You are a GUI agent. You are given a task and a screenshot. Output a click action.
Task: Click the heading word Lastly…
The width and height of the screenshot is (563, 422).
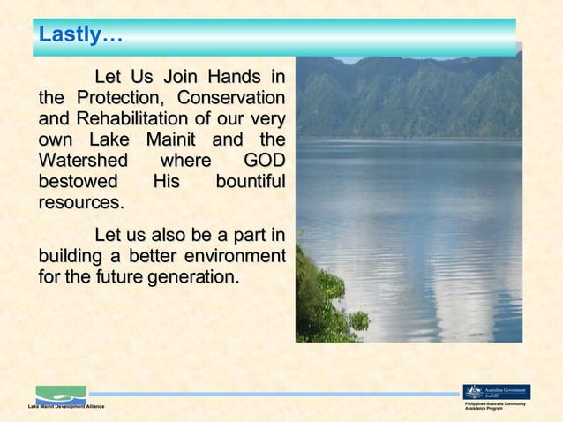(79, 36)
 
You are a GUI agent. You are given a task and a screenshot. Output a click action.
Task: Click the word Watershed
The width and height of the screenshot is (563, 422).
(82, 161)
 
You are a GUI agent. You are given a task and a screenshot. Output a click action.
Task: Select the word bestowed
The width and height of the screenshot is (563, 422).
(79, 182)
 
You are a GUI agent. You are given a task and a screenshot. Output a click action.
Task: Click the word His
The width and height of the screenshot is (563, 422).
(165, 182)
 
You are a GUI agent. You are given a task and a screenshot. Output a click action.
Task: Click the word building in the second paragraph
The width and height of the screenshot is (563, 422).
(69, 256)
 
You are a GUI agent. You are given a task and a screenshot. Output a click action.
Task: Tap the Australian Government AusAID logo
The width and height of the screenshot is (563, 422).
(496, 392)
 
